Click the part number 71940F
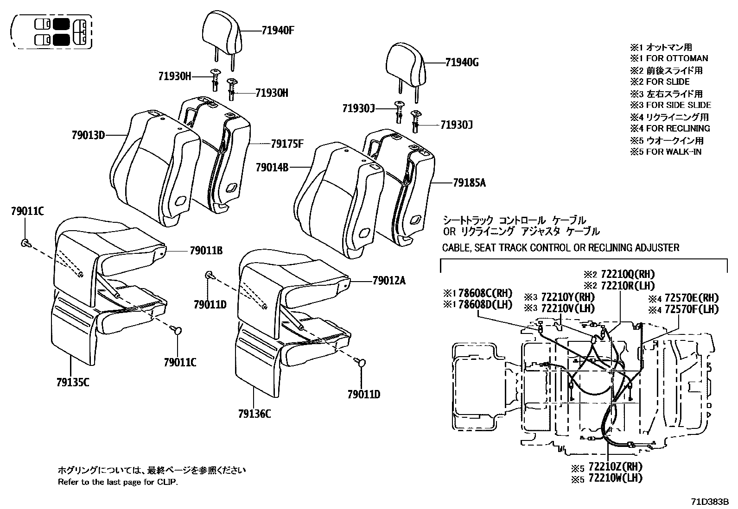tap(278, 31)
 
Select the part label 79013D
tap(88, 135)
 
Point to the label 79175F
tap(287, 144)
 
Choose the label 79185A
tap(469, 182)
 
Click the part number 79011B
tap(206, 251)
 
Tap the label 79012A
tap(388, 280)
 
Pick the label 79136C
tap(254, 414)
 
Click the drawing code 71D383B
tap(710, 501)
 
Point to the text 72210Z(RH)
tap(615, 466)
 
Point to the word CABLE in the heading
tap(456, 247)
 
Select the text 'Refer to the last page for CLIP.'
tap(118, 482)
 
